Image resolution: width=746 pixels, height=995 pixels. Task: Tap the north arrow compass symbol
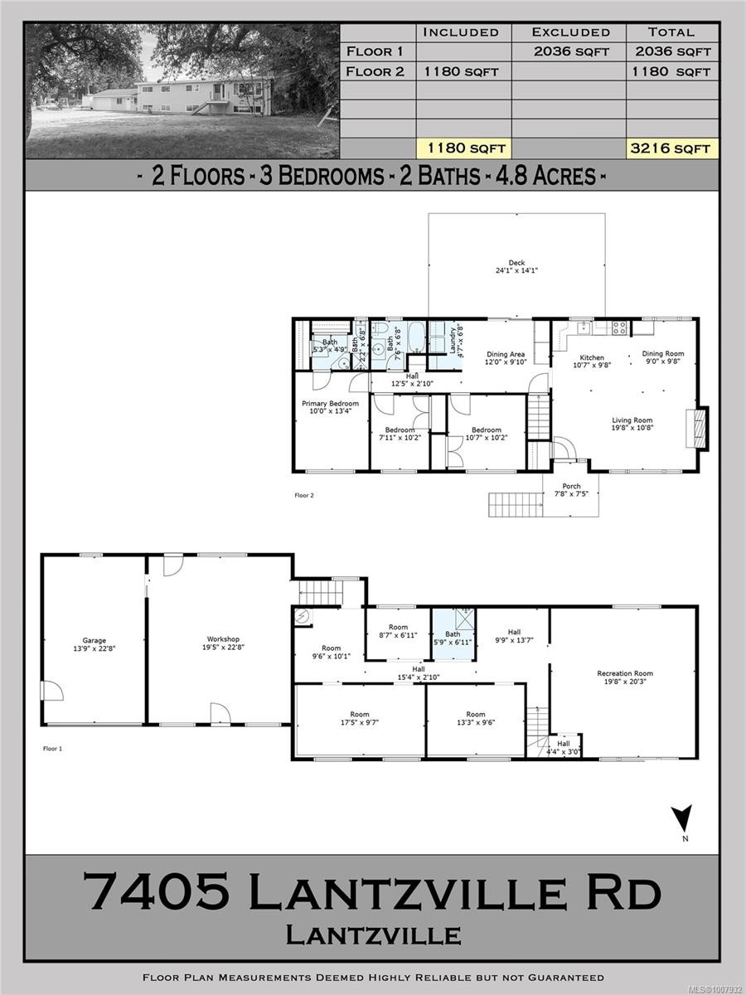(x=681, y=819)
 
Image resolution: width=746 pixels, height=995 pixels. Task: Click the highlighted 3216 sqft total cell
(x=671, y=148)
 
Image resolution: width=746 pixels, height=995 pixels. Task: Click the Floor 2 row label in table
(x=375, y=71)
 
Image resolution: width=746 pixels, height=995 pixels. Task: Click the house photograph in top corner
(x=182, y=91)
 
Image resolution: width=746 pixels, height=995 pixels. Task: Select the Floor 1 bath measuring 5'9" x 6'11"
(x=453, y=637)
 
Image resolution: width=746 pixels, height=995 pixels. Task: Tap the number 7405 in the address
(x=157, y=894)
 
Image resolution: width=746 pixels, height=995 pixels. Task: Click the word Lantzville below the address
(x=373, y=935)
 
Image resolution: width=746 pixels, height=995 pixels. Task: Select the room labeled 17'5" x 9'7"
(x=359, y=719)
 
